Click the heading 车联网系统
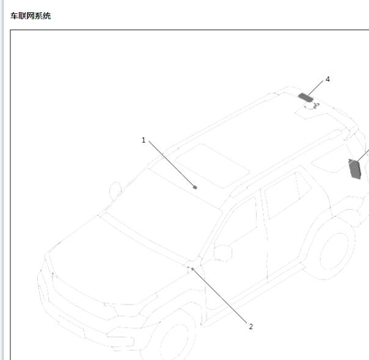(x=31, y=16)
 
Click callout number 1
(x=144, y=140)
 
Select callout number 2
(x=251, y=326)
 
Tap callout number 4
(x=327, y=79)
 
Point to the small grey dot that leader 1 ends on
(x=195, y=187)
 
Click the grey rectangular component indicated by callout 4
(x=305, y=97)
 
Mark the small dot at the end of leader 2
(x=192, y=269)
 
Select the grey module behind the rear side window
(x=356, y=168)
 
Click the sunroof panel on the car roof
(x=213, y=165)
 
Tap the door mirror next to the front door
(x=223, y=253)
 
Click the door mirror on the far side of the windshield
(x=115, y=190)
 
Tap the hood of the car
(x=113, y=261)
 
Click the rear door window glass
(x=288, y=195)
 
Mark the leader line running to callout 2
(x=220, y=297)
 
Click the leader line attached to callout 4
(x=315, y=88)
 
